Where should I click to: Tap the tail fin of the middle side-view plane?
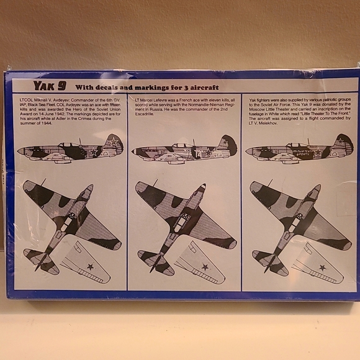click(229, 144)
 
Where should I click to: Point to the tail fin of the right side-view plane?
click(344, 143)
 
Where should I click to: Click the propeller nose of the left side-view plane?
click(20, 151)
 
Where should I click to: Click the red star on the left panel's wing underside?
click(90, 266)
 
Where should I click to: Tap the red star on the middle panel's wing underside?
click(205, 267)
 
